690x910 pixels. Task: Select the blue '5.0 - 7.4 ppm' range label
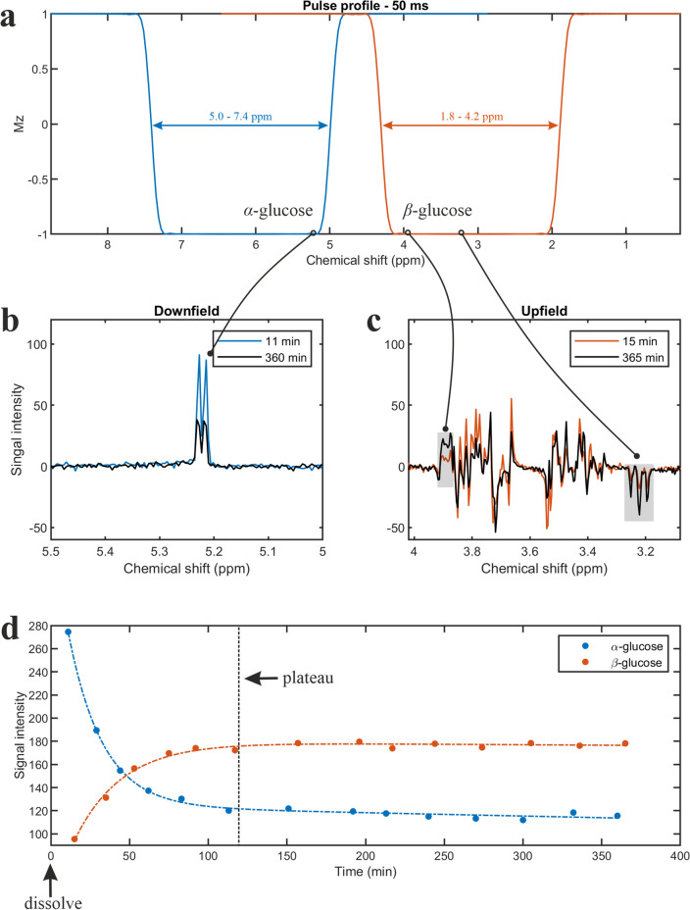click(x=240, y=116)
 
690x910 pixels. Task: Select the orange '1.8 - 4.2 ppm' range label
click(x=470, y=116)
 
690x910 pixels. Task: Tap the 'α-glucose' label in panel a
click(x=279, y=211)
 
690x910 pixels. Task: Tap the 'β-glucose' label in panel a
click(x=438, y=211)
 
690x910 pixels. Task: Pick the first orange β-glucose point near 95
click(x=74, y=838)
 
